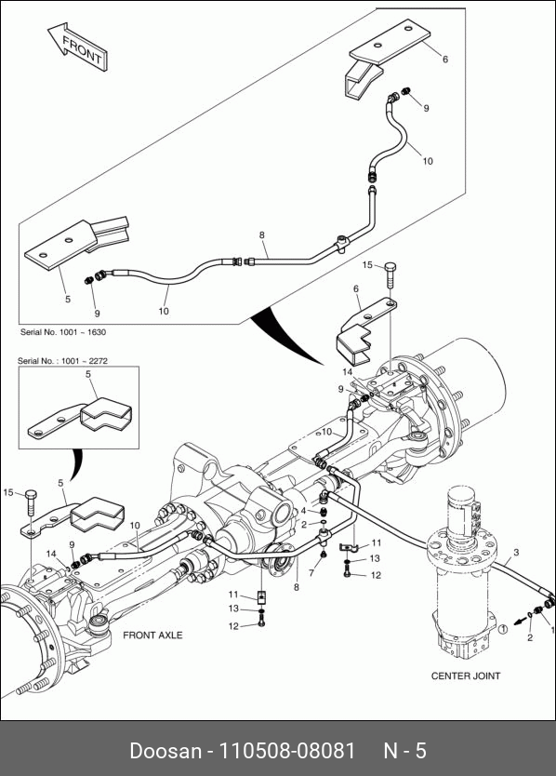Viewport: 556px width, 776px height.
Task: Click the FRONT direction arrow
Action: [78, 47]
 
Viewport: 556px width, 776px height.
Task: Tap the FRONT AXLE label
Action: [152, 635]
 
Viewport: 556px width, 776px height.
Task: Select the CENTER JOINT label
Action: [466, 676]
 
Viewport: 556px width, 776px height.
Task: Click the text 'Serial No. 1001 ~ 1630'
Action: [63, 332]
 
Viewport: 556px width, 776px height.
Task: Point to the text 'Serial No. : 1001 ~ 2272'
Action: [62, 361]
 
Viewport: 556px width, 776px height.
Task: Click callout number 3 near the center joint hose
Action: [516, 553]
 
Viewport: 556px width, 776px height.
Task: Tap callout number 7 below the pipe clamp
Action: [311, 572]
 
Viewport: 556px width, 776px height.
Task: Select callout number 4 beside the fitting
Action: [303, 511]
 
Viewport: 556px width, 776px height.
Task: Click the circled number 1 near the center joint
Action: [502, 630]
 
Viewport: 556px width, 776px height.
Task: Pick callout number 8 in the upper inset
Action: [261, 235]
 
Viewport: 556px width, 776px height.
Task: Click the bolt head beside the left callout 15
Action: [31, 494]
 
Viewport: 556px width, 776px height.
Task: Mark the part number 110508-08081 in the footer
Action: [287, 751]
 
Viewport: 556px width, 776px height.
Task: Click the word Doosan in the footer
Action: [165, 751]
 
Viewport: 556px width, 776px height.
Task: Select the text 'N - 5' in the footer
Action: [404, 751]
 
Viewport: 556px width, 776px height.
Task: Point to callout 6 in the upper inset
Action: [445, 60]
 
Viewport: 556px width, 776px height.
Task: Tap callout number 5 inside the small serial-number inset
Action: [88, 374]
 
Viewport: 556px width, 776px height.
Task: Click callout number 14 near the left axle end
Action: [51, 554]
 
